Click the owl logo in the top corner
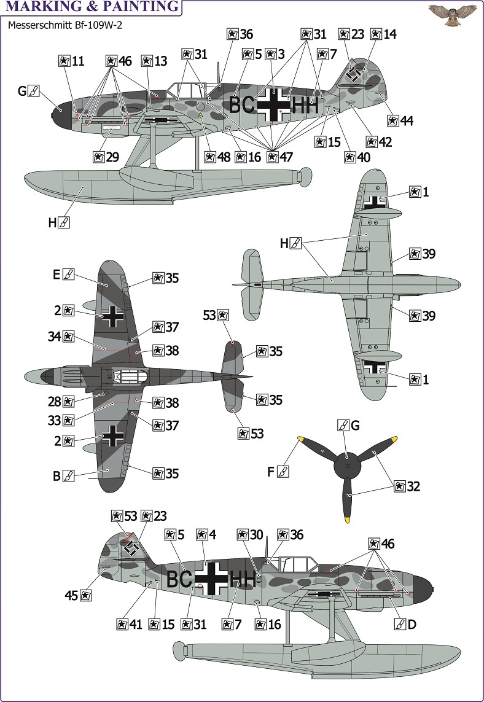(452, 14)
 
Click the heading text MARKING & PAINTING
(92, 7)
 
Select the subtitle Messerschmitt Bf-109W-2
(65, 25)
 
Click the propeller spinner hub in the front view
(348, 466)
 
